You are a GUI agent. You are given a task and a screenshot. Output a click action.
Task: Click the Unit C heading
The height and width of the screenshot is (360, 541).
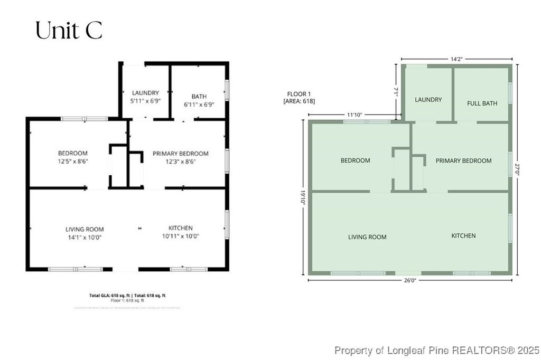tap(69, 31)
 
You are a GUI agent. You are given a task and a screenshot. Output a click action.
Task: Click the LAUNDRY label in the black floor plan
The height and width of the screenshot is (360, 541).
tap(145, 93)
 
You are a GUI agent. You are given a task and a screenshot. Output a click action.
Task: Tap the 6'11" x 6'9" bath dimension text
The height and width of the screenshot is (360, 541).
tap(199, 105)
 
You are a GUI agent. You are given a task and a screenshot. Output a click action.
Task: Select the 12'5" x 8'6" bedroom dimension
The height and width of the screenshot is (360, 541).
tap(73, 161)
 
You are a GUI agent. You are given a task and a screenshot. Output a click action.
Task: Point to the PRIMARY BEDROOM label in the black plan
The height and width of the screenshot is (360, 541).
tap(180, 154)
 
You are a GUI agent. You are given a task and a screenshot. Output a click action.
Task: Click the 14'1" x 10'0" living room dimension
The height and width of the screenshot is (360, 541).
tap(84, 238)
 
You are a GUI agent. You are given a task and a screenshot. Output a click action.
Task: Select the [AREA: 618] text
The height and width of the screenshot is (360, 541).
tap(299, 101)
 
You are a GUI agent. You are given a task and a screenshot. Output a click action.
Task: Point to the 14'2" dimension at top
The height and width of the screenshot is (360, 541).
tap(456, 59)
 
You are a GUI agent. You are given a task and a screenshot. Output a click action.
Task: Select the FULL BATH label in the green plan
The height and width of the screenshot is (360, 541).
tap(482, 103)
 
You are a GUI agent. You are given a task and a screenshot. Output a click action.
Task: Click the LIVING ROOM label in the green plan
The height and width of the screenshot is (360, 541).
tap(367, 237)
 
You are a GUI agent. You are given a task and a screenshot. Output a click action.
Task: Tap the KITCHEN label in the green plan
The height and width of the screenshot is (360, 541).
tap(463, 235)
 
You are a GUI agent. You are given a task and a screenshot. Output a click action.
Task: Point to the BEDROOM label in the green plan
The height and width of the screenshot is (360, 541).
tap(355, 160)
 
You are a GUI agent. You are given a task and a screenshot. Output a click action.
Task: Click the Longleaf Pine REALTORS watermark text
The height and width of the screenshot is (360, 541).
tap(436, 350)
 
